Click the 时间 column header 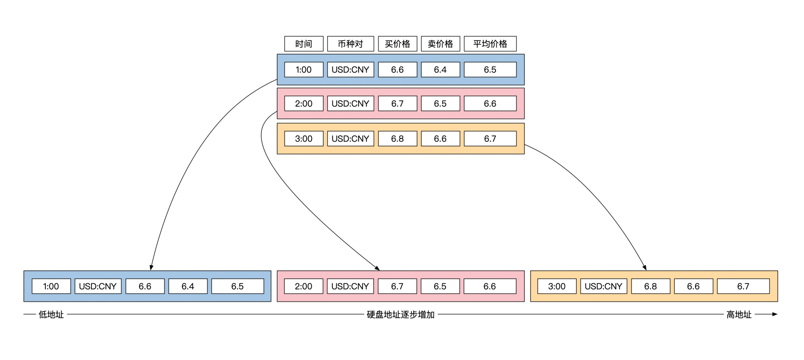coord(304,44)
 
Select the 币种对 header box coord(350,44)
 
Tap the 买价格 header coord(397,44)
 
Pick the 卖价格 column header coord(440,44)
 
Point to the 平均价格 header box coord(490,44)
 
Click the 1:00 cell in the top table coord(304,70)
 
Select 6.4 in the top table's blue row coord(440,70)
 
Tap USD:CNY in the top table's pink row coord(350,103)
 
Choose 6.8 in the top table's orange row coord(397,138)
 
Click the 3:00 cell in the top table coord(304,138)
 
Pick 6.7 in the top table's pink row coord(397,103)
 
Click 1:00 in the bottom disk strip coord(51,286)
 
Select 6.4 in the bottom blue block coord(188,286)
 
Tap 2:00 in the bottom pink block coord(303,286)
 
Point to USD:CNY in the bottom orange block coord(603,286)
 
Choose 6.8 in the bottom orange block coord(650,286)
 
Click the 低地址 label coord(51,315)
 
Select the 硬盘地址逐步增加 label coord(400,315)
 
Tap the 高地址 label coord(739,315)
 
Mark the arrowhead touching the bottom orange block coord(644,268)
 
